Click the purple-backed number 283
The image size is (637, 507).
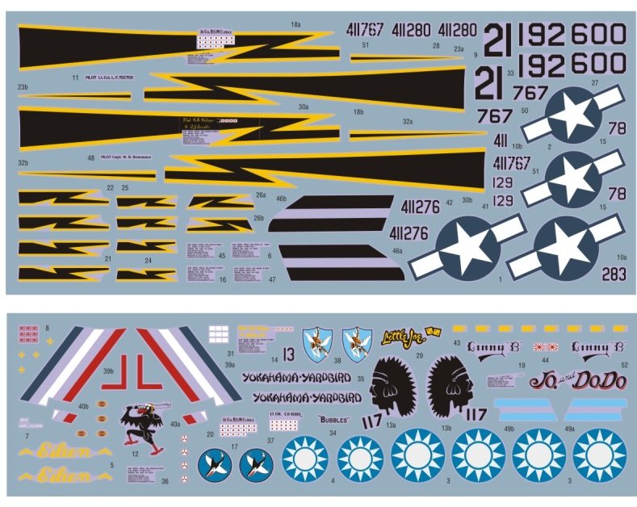click(x=614, y=274)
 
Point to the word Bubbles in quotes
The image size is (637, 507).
click(x=333, y=420)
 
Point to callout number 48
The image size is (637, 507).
click(x=90, y=158)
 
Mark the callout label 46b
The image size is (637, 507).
click(x=281, y=198)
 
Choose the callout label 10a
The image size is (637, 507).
click(x=621, y=256)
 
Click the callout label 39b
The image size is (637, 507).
click(x=107, y=371)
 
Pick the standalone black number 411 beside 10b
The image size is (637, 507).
click(x=501, y=140)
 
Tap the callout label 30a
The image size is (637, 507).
click(x=303, y=107)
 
